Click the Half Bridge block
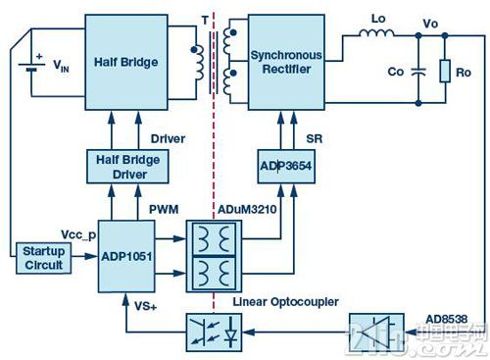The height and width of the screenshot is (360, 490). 126,62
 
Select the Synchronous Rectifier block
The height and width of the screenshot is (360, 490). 286,62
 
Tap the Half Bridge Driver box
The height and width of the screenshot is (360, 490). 127,167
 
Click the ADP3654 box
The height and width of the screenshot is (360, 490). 286,167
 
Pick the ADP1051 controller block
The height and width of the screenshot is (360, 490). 126,256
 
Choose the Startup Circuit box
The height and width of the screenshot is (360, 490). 44,258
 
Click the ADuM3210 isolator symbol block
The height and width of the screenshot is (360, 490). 214,256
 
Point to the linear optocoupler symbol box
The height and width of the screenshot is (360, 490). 214,333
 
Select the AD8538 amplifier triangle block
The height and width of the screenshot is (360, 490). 376,333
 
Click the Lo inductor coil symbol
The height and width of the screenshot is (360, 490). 376,32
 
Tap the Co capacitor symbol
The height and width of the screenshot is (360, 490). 418,72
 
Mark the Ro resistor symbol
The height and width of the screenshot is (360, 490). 445,71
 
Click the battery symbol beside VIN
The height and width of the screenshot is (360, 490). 31,67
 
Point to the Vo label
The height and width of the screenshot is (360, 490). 430,24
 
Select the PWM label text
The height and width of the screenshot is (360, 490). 164,209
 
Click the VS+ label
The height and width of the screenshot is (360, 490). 145,306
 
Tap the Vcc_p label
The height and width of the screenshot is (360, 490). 78,234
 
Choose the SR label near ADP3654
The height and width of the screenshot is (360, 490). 315,138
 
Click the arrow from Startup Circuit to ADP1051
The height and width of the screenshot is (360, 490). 85,256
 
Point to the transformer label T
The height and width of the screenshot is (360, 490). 205,21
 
